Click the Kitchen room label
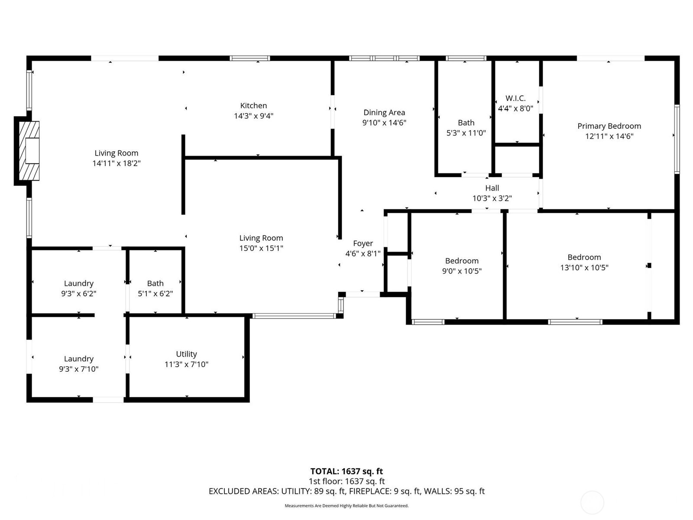point(253,106)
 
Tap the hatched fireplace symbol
point(29,151)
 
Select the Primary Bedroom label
point(609,126)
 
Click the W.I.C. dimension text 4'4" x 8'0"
point(515,109)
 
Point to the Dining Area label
point(384,113)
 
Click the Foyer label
point(363,244)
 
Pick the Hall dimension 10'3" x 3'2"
point(492,198)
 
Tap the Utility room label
point(186,354)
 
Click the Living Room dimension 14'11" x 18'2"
point(117,163)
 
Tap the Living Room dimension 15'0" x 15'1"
point(261,248)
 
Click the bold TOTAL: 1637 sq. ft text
point(346,471)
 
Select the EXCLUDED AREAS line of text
point(346,491)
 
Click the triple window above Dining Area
point(384,58)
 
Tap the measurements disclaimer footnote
point(346,506)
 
